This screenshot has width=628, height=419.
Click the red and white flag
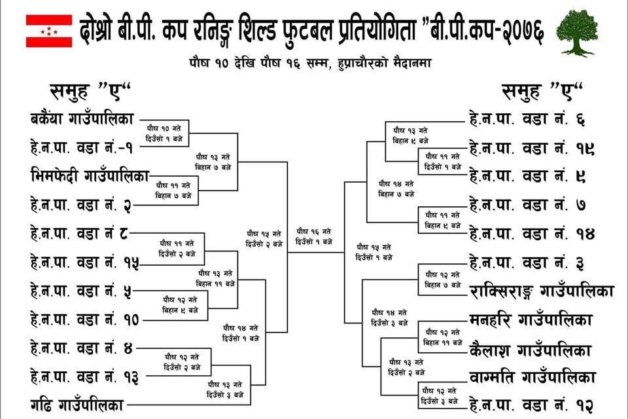coord(48,31)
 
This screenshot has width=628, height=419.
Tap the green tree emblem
coord(576,32)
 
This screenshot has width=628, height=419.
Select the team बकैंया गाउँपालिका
coord(82,118)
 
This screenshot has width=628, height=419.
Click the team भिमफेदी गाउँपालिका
coord(90,175)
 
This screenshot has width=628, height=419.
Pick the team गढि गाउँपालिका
coord(75,403)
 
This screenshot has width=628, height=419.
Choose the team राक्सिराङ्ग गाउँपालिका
coord(542,290)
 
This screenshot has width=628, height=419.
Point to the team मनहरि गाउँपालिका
coord(531,320)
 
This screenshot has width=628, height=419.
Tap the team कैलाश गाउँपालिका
coord(531,350)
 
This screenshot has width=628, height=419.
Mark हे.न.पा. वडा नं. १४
coord(532,232)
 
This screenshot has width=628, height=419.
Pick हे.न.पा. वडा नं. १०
coord(84,319)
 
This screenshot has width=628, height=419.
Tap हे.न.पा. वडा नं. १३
coord(84,376)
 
